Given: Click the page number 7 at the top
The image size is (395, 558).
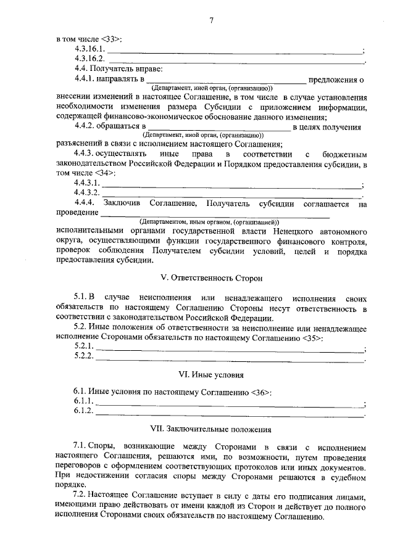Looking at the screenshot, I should click(x=211, y=20).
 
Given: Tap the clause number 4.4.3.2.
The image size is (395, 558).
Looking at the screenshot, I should click(x=87, y=193).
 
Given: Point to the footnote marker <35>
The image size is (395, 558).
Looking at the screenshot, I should click(x=312, y=338).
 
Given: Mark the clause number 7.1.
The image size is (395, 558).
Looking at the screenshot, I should click(x=80, y=445).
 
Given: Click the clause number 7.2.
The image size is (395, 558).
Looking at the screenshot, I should click(x=80, y=496).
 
